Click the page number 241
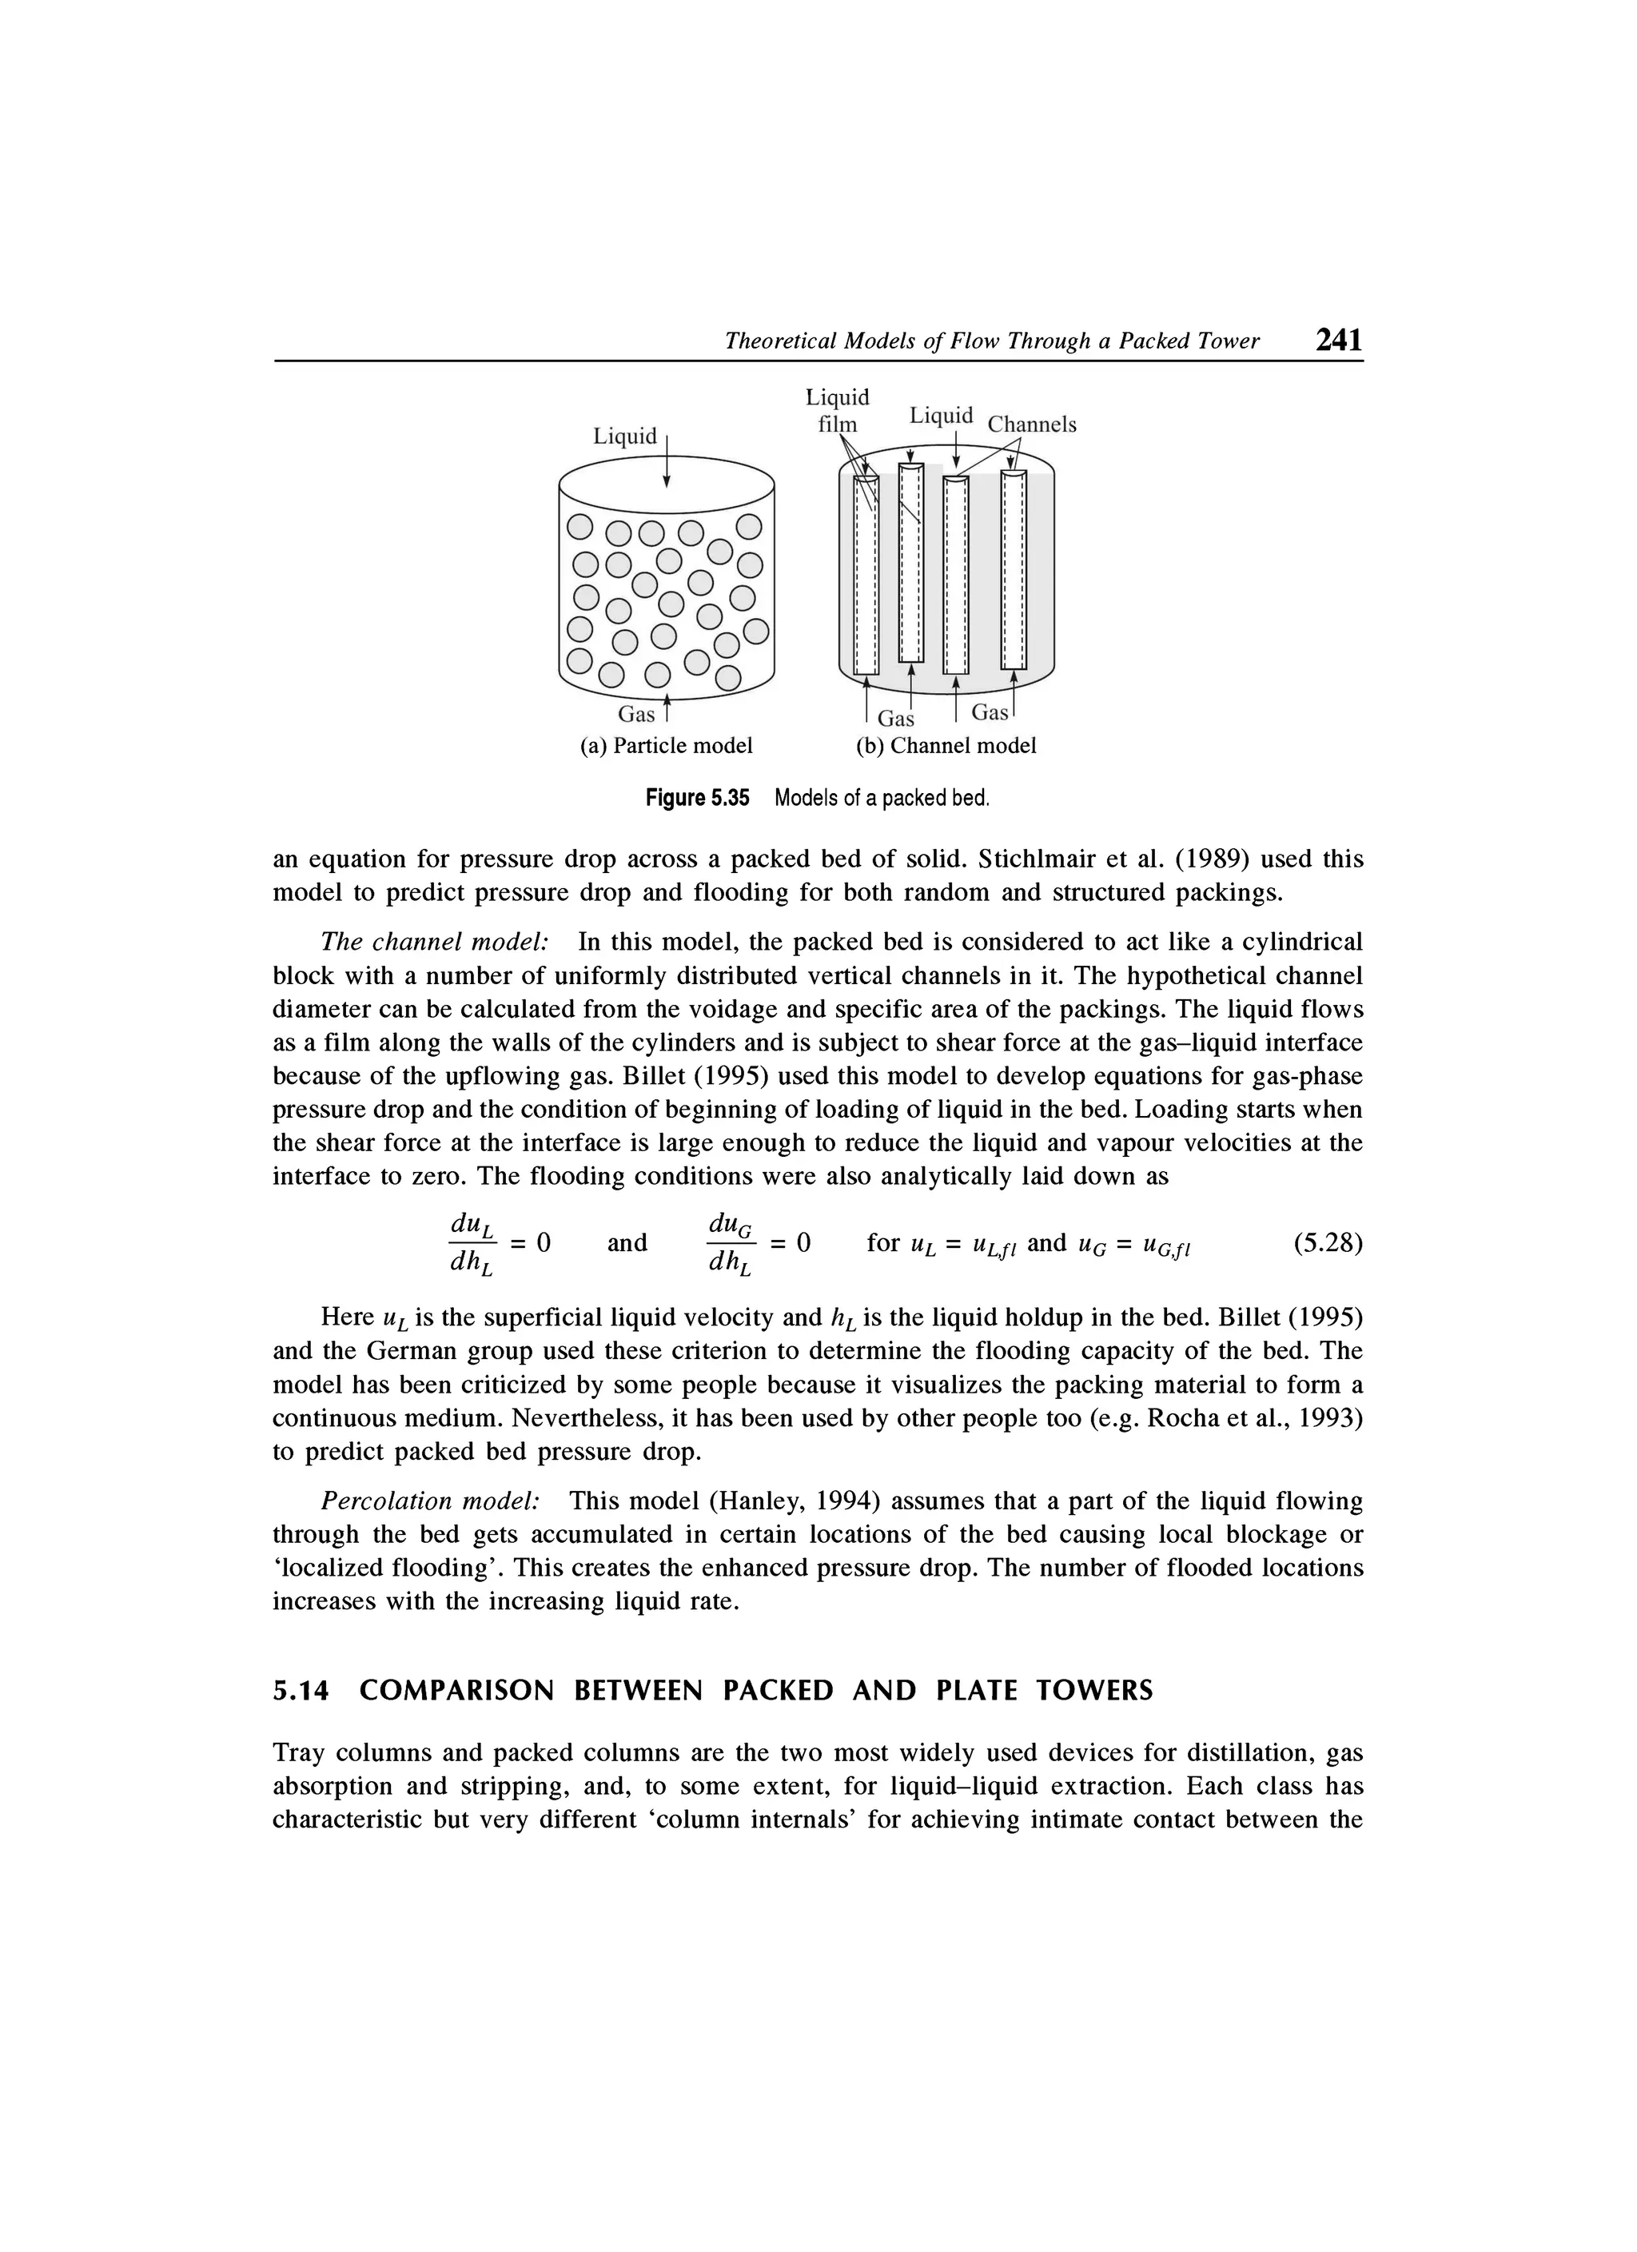1337,341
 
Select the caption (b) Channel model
946,746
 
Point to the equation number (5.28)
1328,1243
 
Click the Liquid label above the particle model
624,436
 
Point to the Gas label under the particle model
636,714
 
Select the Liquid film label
837,411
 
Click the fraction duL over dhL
473,1243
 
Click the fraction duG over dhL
731,1243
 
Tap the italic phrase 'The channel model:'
436,940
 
